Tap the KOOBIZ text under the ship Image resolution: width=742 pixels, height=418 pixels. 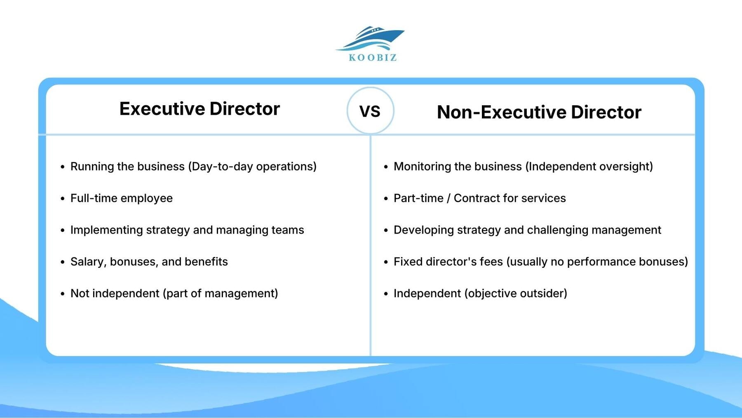373,58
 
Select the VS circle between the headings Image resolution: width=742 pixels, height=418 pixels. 370,111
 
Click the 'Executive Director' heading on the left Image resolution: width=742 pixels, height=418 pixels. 200,109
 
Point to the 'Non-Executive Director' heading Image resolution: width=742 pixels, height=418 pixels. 539,112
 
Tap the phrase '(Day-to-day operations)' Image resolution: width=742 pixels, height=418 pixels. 252,167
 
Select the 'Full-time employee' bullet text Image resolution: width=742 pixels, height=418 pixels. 122,198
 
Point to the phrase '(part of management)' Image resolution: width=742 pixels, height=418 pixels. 221,293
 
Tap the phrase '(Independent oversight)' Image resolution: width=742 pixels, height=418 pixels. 589,167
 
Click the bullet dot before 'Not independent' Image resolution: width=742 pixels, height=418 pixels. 63,294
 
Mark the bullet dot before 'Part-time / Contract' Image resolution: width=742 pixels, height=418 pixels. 386,199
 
